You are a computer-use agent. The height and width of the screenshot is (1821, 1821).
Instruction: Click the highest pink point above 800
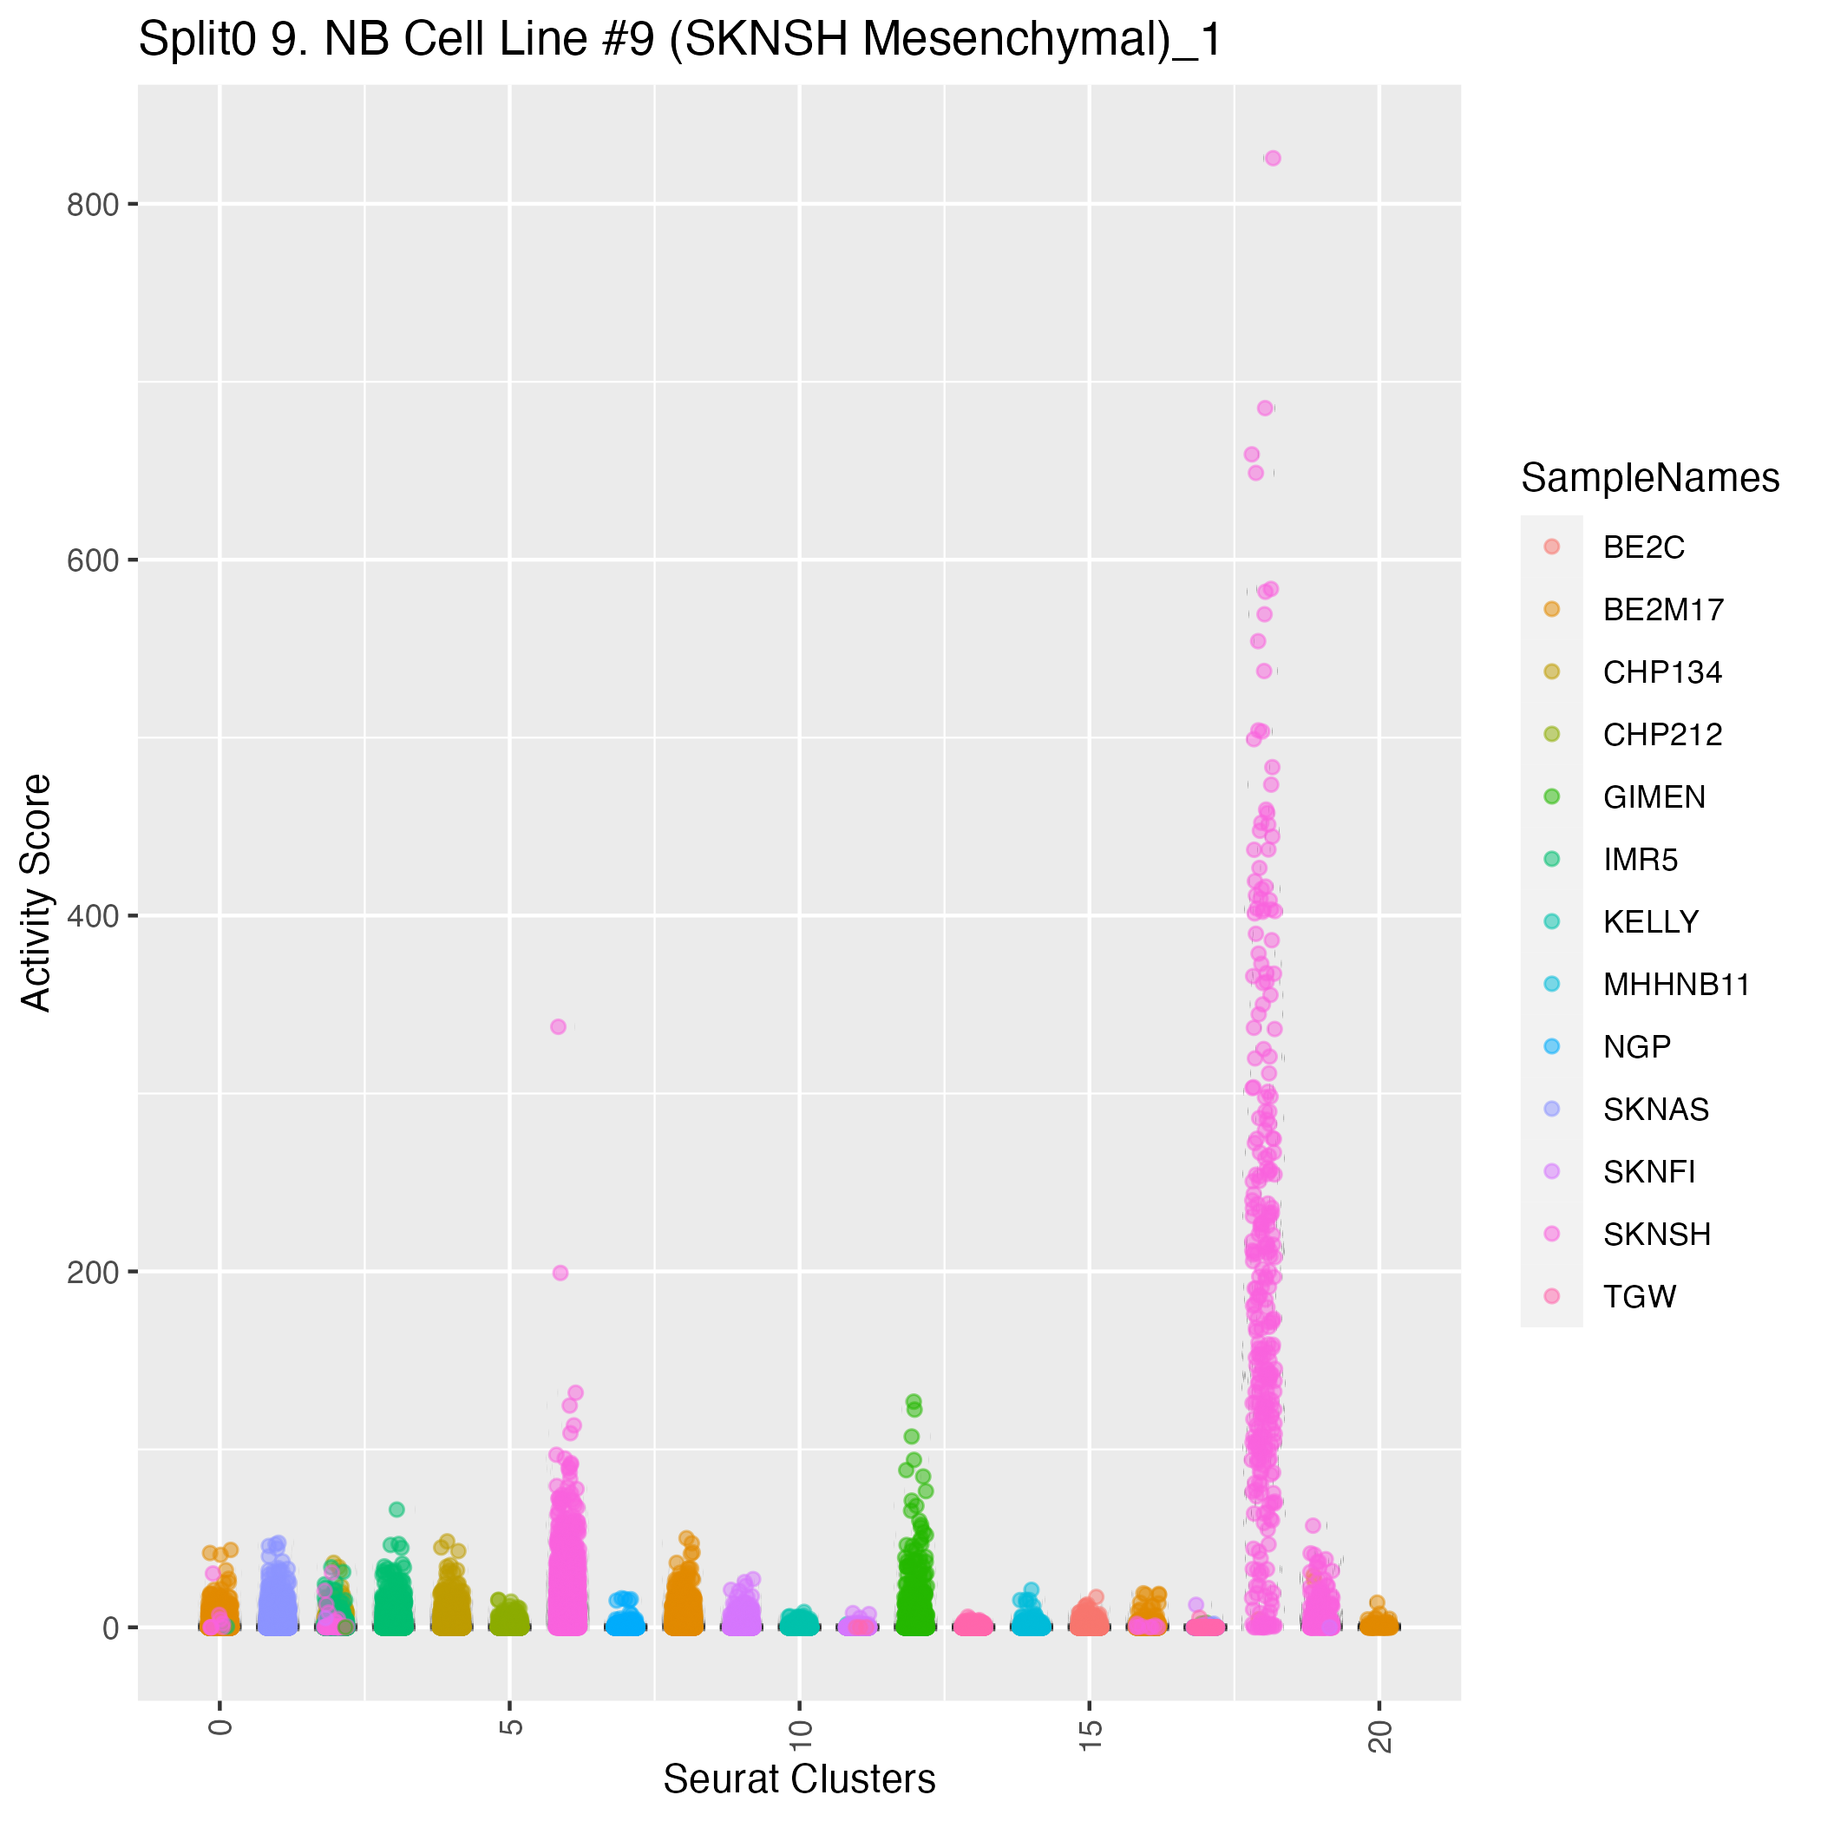pos(1273,159)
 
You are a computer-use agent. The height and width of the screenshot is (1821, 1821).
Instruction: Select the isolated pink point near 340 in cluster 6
pos(558,1026)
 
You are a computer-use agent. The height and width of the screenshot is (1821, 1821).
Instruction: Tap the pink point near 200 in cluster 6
pos(560,1273)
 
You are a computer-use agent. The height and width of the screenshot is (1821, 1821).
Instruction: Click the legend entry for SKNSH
pos(1656,1235)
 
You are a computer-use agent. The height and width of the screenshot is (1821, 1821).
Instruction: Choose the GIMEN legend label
pos(1654,797)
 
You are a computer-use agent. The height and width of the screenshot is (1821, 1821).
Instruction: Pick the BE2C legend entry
pos(1644,547)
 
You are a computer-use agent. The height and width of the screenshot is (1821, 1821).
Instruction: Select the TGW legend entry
pos(1639,1297)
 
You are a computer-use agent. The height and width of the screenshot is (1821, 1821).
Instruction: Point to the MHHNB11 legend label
pos(1676,985)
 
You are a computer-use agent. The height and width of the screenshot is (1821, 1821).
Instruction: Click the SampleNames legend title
pos(1649,479)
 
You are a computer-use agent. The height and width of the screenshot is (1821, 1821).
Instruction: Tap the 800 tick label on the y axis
pos(91,205)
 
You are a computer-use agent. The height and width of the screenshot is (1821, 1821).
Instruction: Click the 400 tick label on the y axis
pos(91,916)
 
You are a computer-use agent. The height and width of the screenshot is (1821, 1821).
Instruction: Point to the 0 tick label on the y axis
pos(109,1628)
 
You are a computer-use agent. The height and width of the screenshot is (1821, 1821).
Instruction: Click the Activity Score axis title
pos(36,892)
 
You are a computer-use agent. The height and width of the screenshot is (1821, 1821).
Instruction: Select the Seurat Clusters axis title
pos(799,1779)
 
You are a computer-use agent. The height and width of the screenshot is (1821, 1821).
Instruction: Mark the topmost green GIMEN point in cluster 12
pos(914,1402)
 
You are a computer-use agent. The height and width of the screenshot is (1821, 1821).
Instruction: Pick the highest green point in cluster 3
pos(396,1509)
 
